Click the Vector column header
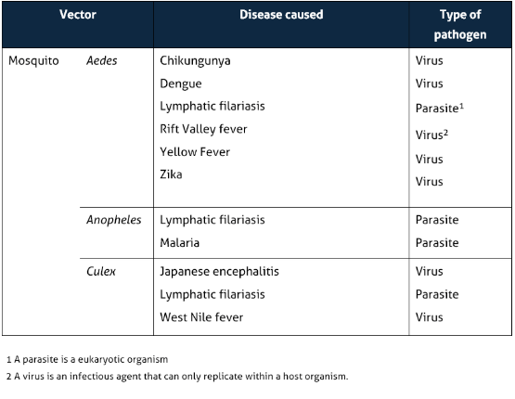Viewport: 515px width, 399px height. point(77,16)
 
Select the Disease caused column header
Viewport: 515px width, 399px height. point(281,16)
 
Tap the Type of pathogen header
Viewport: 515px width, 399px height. point(459,25)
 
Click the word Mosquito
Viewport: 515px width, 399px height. point(33,61)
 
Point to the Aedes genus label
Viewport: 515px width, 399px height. point(101,61)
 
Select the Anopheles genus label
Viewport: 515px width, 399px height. point(113,220)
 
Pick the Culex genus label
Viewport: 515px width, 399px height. point(100,272)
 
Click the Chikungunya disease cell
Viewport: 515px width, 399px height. point(195,61)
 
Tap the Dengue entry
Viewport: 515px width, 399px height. point(180,84)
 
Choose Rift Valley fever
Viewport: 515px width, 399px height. point(203,129)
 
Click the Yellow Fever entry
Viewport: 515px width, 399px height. point(194,151)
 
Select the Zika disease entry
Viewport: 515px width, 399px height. point(171,174)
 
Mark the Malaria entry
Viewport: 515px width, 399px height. point(179,243)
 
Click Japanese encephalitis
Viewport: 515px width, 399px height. point(219,272)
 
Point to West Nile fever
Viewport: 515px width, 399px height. point(201,317)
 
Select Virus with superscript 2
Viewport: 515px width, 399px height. point(431,135)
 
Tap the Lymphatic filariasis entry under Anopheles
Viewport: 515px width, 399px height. point(212,220)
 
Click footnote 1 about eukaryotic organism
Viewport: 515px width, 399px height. point(87,359)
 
